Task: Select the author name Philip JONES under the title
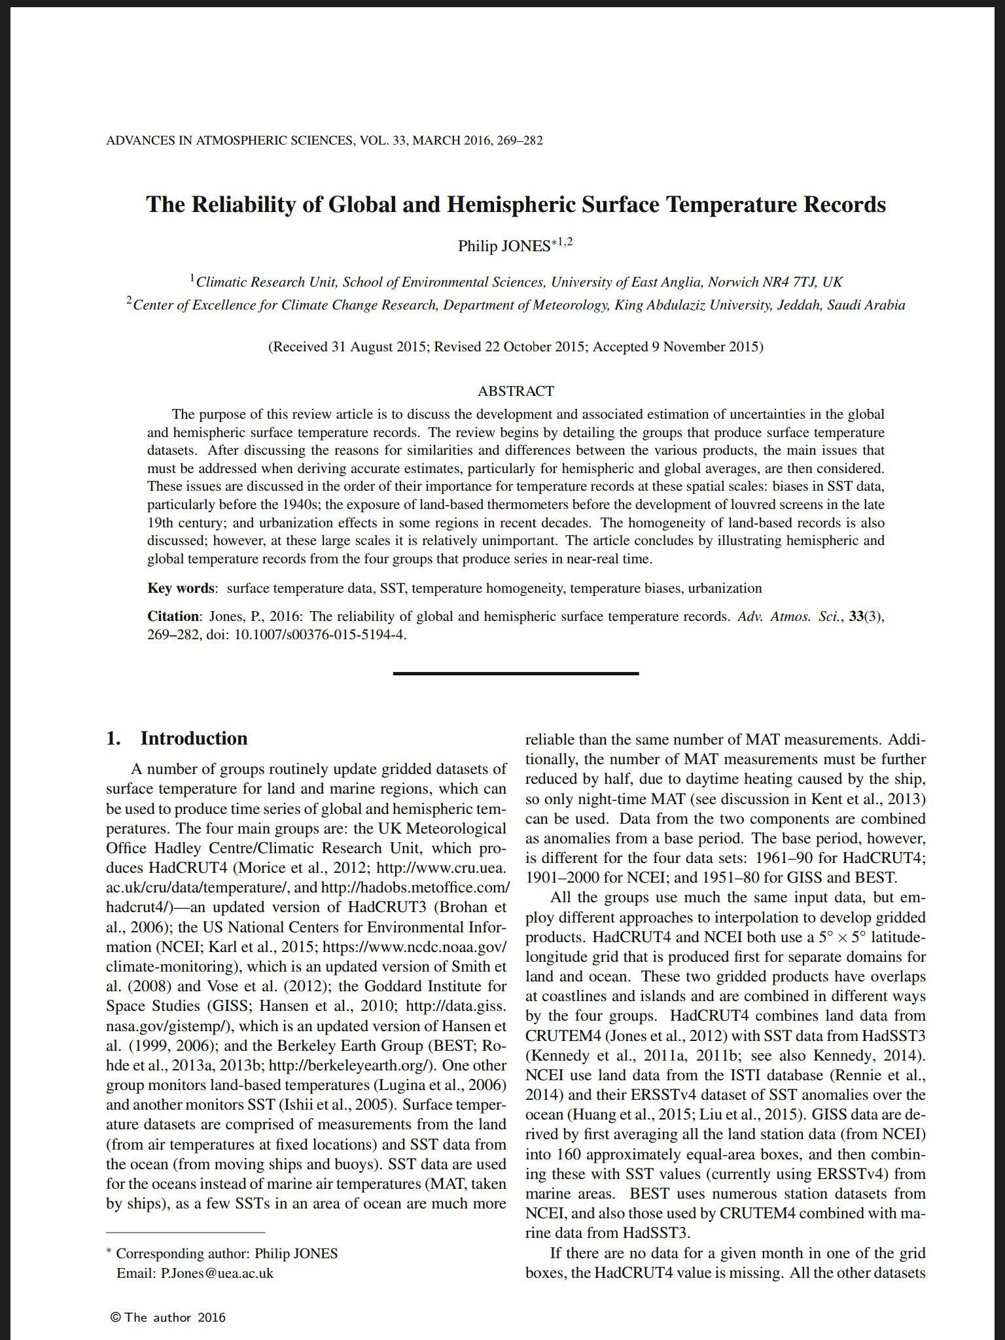(504, 247)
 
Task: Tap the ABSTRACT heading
(516, 391)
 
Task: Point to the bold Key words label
(180, 588)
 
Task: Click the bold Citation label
(173, 616)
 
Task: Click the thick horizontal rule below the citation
(516, 673)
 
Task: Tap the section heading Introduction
(194, 739)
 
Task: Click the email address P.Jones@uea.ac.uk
(217, 1273)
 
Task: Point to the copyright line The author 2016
(168, 1317)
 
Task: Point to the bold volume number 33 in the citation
(856, 616)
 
